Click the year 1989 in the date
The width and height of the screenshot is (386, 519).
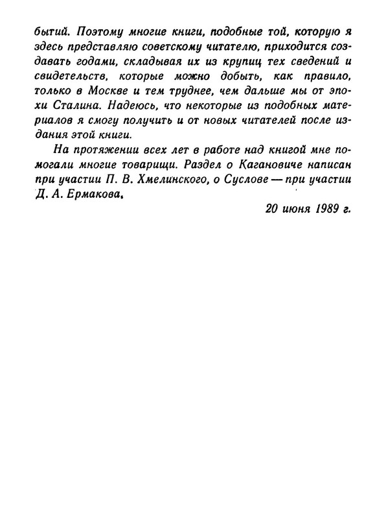click(x=315, y=210)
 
